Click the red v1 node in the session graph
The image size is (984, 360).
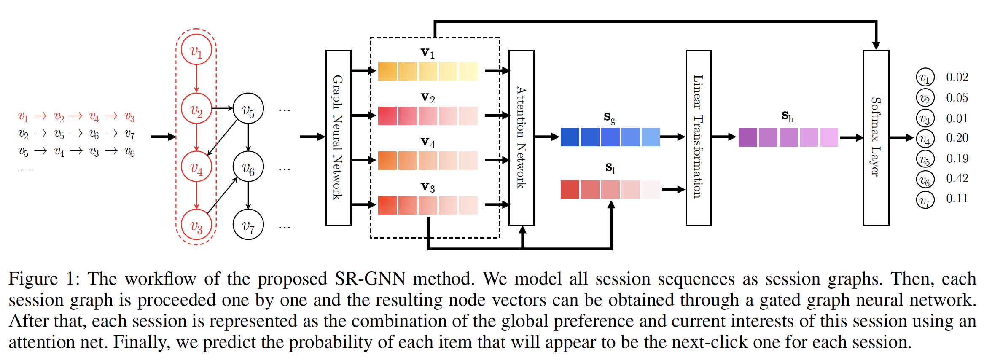coord(196,50)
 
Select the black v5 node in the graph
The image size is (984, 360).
coord(248,109)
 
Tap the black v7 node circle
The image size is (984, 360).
coord(248,225)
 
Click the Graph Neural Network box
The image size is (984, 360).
coord(338,137)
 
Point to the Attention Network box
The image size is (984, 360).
coord(522,137)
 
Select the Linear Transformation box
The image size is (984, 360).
coord(698,137)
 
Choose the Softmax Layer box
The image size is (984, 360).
coord(876,137)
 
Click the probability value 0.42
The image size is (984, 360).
coord(957,178)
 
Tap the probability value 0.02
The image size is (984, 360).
coord(957,77)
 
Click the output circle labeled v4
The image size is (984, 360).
coord(925,138)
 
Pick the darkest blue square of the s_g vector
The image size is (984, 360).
coord(570,137)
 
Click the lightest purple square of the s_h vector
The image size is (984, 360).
coord(829,137)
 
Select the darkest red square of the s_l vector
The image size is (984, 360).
coord(570,190)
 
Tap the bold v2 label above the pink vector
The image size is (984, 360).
coord(427,97)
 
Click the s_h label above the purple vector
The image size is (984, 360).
coord(787,116)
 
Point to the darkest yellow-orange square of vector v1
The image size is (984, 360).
coord(387,71)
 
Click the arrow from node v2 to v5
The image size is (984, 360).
coord(222,108)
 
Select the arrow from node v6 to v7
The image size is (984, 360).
coord(248,196)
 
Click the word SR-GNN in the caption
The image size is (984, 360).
coord(370,279)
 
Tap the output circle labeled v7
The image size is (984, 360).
coord(925,200)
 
